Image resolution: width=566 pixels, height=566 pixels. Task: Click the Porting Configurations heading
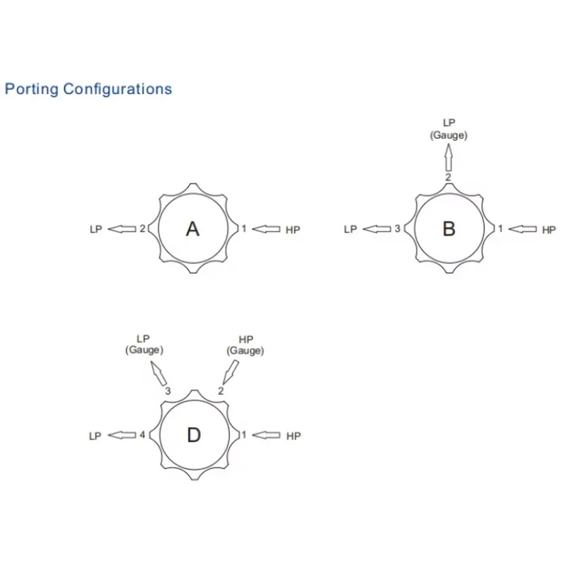(x=88, y=89)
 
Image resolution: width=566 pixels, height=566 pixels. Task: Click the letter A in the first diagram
(x=192, y=229)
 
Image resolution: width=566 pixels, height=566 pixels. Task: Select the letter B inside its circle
(x=449, y=229)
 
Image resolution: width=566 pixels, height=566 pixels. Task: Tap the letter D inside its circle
(x=194, y=436)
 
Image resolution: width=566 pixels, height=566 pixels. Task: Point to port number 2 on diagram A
(x=143, y=229)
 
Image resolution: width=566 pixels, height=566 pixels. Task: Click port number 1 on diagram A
(x=244, y=229)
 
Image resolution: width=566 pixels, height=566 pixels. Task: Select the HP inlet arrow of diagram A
(x=266, y=229)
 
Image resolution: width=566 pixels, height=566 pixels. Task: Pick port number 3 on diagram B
(x=398, y=229)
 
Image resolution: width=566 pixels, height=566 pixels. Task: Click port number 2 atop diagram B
(x=448, y=178)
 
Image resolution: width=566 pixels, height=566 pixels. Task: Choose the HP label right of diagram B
(x=548, y=229)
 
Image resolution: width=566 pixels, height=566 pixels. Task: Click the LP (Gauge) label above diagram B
(x=449, y=129)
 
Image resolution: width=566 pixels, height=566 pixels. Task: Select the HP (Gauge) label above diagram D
(x=246, y=345)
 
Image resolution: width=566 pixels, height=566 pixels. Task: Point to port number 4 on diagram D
(x=142, y=435)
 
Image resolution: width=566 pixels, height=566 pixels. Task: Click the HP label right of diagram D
(x=293, y=436)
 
